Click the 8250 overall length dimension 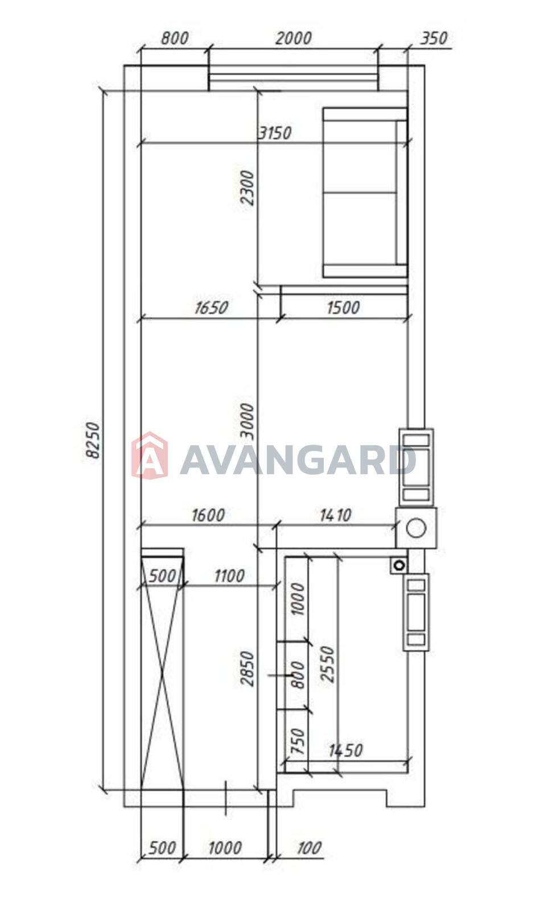click(93, 441)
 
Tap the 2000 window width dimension click(294, 39)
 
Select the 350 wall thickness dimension click(434, 38)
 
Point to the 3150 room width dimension click(275, 133)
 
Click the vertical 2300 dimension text click(247, 188)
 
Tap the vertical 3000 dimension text click(247, 421)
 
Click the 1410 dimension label click(335, 516)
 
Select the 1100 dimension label click(229, 576)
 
